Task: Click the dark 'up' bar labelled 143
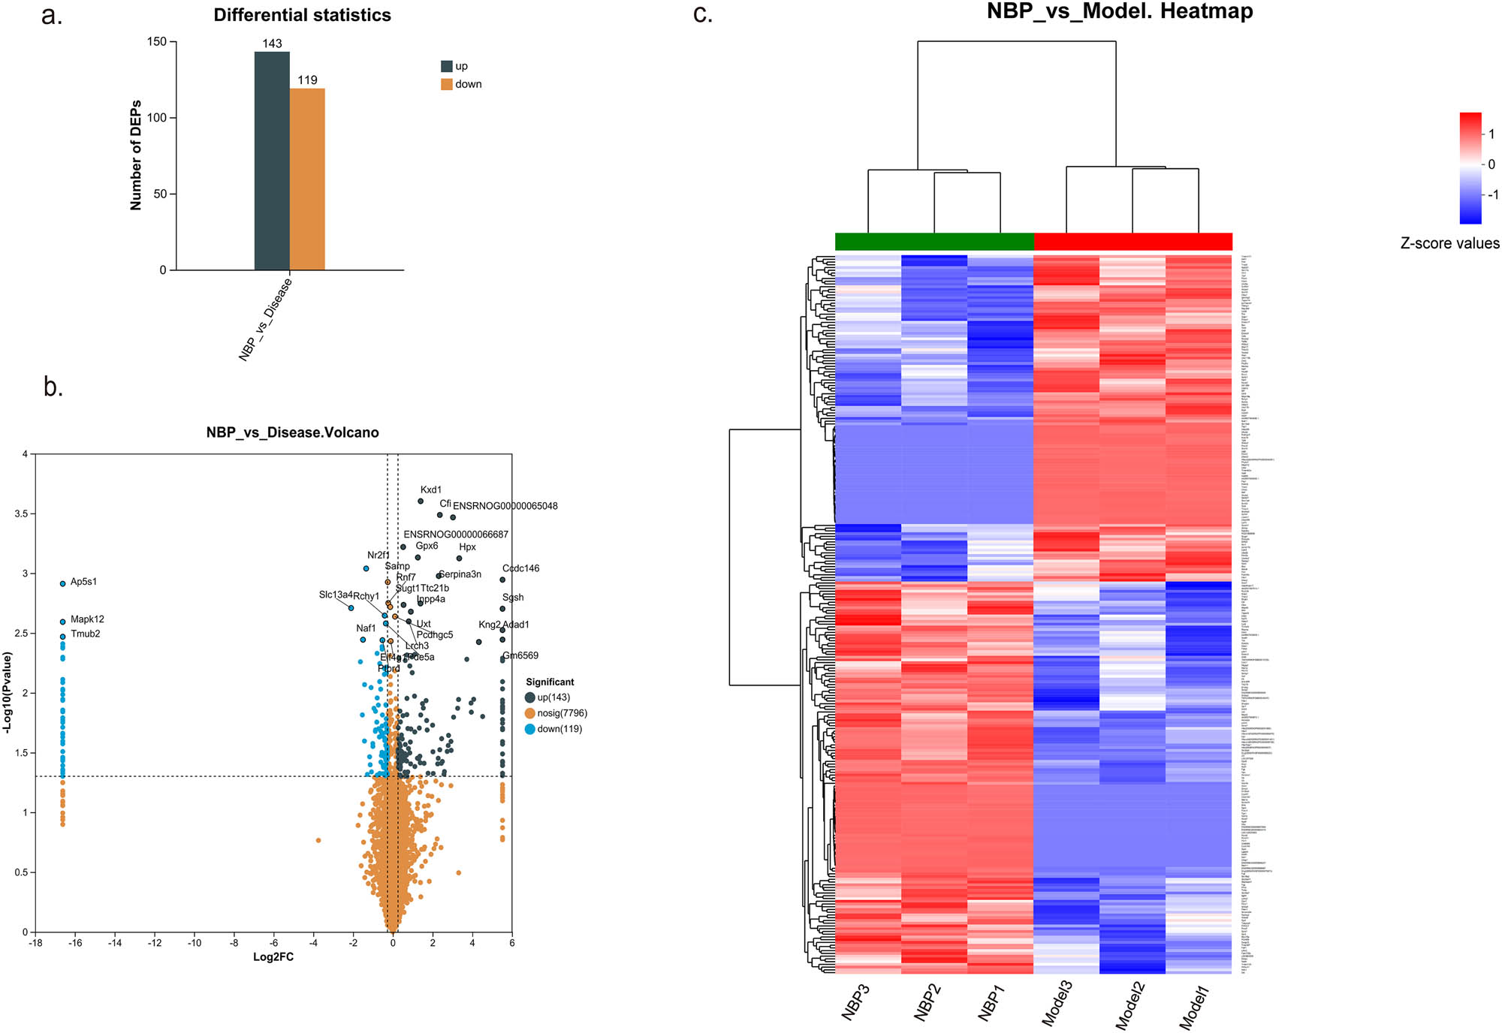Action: (272, 161)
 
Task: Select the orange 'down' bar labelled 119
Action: (307, 179)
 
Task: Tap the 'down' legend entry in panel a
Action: (467, 84)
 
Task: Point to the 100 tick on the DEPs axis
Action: (157, 118)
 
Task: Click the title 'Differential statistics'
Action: (302, 15)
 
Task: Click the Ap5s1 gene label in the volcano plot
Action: (83, 582)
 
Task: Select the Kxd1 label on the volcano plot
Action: (431, 489)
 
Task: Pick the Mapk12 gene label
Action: (87, 619)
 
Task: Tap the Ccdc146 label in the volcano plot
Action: (520, 568)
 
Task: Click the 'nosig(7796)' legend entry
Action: (562, 713)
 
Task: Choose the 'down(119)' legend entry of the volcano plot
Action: (559, 729)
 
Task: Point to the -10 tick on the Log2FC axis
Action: (194, 943)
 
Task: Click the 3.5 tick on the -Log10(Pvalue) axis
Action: (20, 513)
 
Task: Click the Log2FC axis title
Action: (273, 957)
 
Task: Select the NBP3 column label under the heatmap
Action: (855, 1002)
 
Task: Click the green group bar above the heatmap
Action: (934, 242)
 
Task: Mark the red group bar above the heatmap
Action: (1133, 242)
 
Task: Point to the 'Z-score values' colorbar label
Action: (1449, 243)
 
